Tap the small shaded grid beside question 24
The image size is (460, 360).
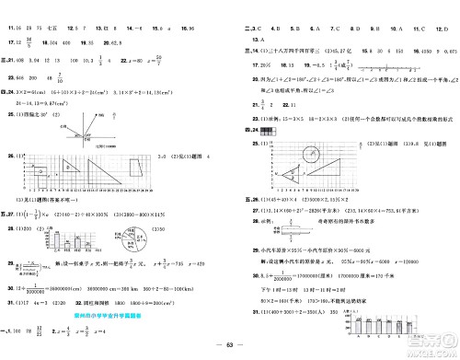pyautogui.click(x=268, y=132)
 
